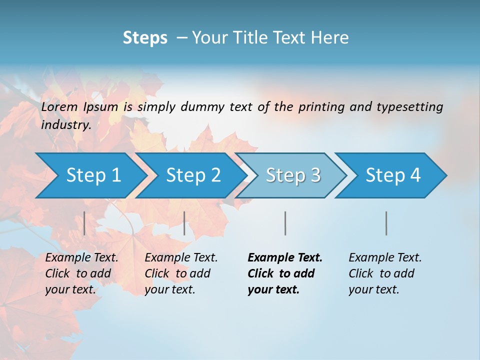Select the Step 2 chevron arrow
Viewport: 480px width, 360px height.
pyautogui.click(x=193, y=175)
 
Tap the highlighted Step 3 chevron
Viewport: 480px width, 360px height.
pyautogui.click(x=293, y=175)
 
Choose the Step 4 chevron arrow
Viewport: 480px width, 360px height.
pyautogui.click(x=393, y=175)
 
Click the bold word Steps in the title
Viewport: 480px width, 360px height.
pyautogui.click(x=145, y=37)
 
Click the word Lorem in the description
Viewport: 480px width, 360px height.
pyautogui.click(x=60, y=107)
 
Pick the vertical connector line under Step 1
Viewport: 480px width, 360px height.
pyautogui.click(x=84, y=223)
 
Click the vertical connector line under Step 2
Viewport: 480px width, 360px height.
pyautogui.click(x=184, y=223)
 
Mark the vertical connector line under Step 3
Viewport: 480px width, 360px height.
pyautogui.click(x=285, y=223)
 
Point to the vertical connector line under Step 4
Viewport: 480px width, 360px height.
pyautogui.click(x=386, y=223)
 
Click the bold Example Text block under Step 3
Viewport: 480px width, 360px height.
pyautogui.click(x=285, y=273)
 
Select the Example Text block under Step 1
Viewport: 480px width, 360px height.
pyautogui.click(x=82, y=273)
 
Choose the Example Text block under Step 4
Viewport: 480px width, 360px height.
pyautogui.click(x=385, y=273)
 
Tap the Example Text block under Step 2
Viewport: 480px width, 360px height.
pyautogui.click(x=181, y=273)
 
